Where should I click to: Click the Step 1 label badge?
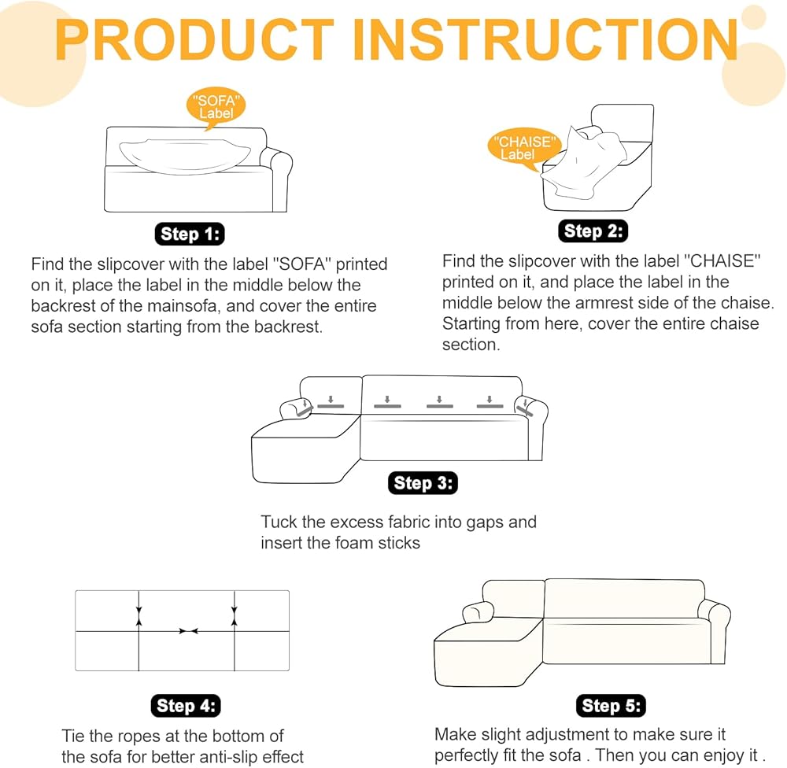point(189,234)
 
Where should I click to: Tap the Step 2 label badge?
point(594,231)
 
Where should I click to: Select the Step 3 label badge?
point(423,483)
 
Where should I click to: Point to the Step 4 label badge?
point(185,706)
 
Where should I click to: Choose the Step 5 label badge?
point(611,706)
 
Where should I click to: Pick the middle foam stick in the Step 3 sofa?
point(439,406)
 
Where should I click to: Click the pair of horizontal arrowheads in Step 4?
point(187,631)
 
